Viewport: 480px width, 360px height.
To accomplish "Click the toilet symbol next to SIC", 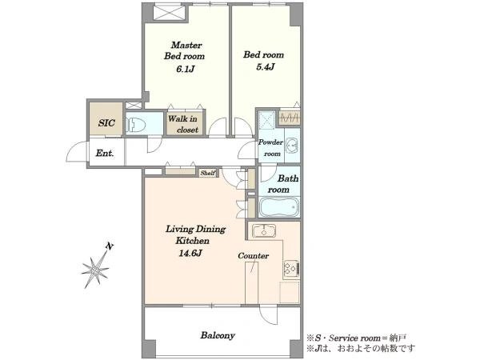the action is tap(135, 124).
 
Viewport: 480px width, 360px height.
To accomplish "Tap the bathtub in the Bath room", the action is tap(279, 207).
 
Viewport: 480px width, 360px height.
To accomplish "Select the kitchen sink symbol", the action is tap(263, 230).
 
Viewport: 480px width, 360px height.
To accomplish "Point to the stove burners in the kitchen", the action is tap(291, 269).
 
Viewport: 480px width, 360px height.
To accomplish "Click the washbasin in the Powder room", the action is tap(292, 146).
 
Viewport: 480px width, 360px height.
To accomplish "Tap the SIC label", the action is tap(106, 123).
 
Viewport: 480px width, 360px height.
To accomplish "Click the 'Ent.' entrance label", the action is tap(105, 153).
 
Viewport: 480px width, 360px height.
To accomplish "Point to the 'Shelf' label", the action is tap(208, 173).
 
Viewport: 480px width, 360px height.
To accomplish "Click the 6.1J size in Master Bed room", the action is tap(186, 69).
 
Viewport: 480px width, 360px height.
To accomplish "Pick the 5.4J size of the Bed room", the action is tap(265, 66).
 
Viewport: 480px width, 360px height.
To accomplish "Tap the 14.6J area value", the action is tap(190, 253).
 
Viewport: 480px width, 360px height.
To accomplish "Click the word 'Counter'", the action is tap(253, 256).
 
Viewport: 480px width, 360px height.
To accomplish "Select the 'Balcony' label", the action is tap(218, 335).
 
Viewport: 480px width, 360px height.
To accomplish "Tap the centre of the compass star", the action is tap(96, 270).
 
